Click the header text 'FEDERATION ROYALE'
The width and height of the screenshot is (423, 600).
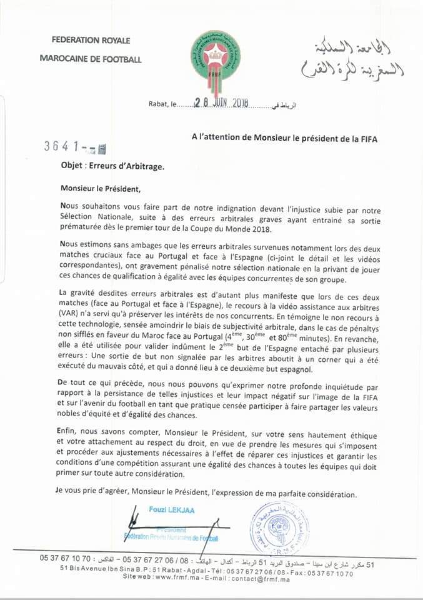92,41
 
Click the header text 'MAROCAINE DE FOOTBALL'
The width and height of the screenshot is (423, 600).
91,59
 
